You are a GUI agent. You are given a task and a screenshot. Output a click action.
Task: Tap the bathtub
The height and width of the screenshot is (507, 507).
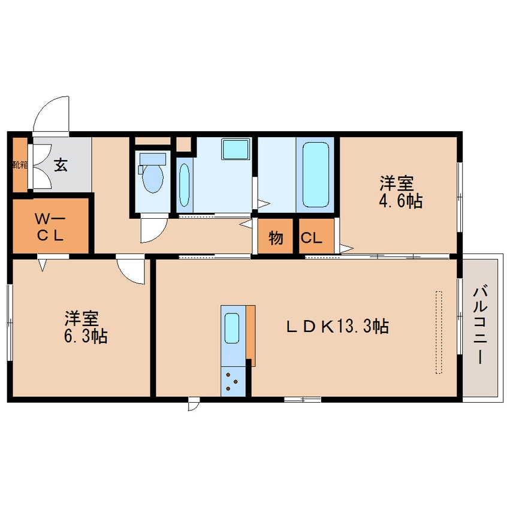[316, 174]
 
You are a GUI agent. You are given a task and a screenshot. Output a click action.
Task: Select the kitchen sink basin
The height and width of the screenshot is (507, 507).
[232, 328]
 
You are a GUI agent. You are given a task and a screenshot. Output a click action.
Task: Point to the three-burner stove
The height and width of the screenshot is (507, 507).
[233, 382]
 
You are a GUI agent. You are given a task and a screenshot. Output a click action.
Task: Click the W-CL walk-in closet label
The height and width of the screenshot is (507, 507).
[50, 228]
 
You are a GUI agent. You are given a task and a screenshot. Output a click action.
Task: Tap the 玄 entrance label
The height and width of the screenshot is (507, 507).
[61, 165]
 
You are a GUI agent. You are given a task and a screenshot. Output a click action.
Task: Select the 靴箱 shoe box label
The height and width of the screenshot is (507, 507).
[20, 165]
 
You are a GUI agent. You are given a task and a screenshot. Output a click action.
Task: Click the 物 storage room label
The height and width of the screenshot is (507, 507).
[276, 239]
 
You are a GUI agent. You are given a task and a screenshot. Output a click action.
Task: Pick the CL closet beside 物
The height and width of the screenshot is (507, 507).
[312, 239]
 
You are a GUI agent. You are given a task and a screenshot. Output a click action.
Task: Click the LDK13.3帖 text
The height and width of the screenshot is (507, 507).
[337, 326]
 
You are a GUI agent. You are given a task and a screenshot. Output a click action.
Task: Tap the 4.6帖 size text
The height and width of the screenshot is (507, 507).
[400, 201]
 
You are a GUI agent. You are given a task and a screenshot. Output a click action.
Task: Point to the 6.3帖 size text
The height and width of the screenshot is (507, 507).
[86, 336]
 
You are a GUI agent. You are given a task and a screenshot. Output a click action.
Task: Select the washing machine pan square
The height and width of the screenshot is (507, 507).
[236, 149]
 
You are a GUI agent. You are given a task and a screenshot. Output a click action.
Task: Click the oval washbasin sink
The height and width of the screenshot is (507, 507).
[185, 185]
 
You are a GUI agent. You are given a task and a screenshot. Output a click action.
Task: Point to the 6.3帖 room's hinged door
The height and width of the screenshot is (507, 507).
[130, 271]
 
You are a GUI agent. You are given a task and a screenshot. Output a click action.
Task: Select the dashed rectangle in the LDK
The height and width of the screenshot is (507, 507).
[439, 333]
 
